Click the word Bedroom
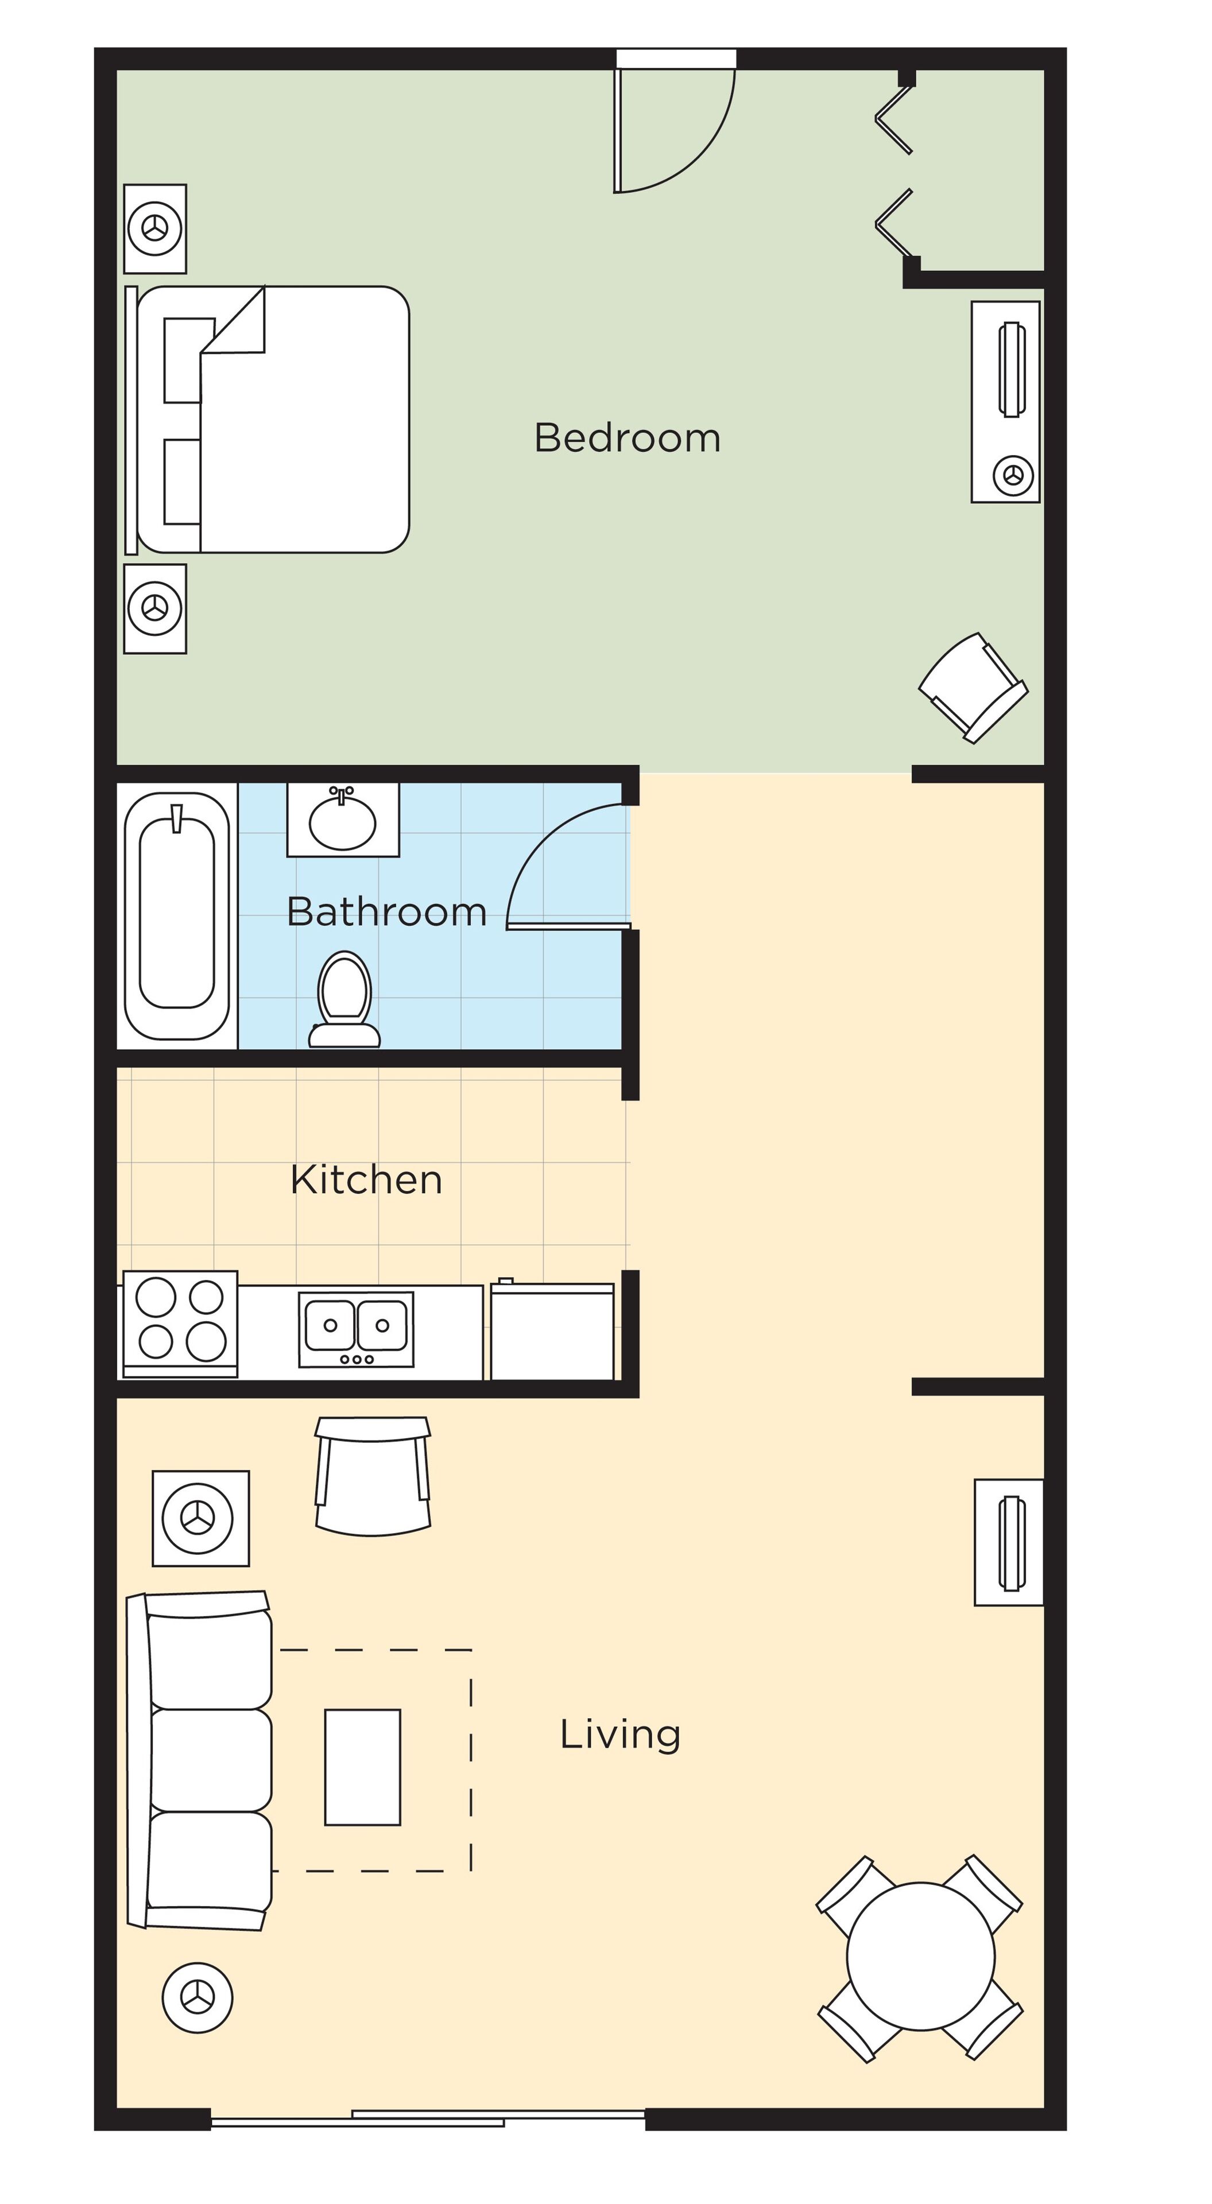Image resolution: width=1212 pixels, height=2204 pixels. coord(628,437)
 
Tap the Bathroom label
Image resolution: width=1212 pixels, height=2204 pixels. coord(387,911)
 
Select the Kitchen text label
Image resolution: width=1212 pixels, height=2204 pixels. coord(366,1180)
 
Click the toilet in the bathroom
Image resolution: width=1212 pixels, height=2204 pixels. coord(344,999)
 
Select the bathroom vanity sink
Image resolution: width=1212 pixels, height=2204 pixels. coord(342,820)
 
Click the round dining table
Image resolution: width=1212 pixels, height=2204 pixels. coord(921,1956)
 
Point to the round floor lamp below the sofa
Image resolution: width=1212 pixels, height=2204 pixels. coord(198,1998)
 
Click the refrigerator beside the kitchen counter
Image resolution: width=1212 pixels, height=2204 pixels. coord(552,1330)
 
